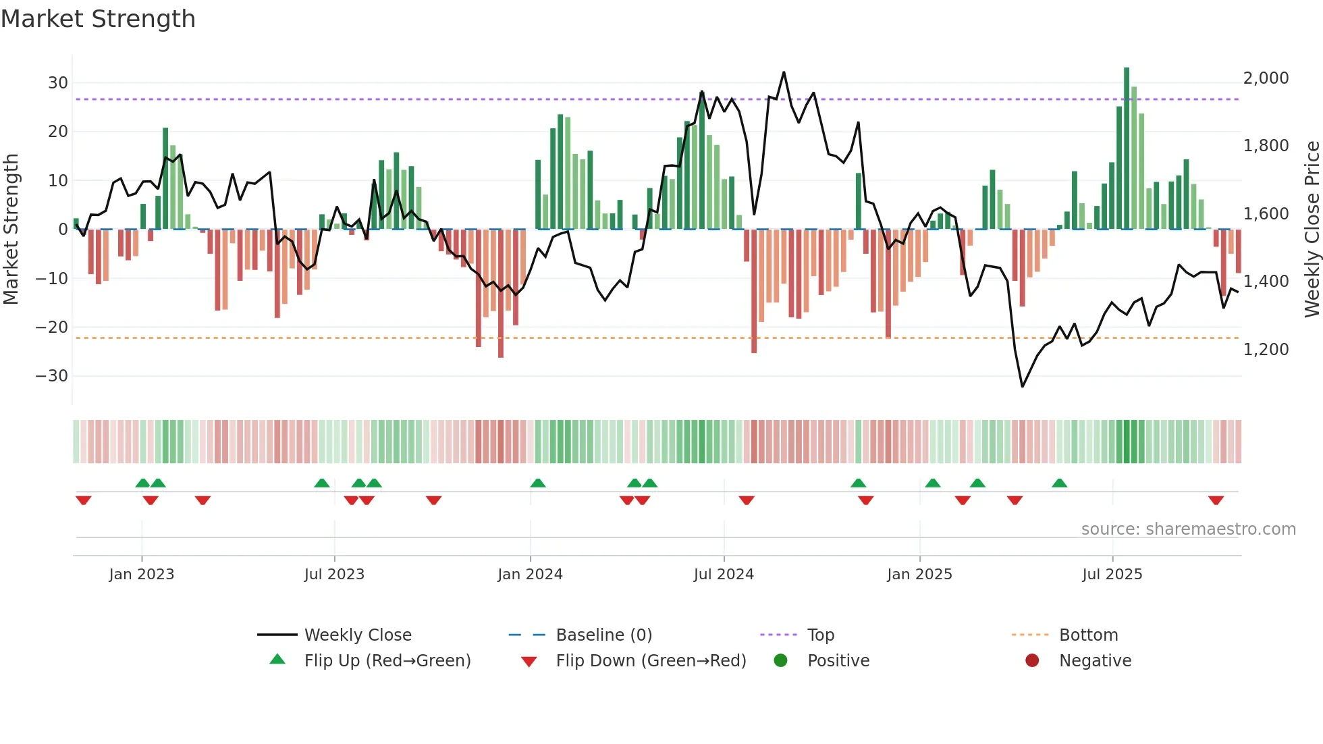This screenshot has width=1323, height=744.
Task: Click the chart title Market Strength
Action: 98,19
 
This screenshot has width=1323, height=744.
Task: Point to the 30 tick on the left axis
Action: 57,83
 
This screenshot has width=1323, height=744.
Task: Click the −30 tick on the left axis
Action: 52,376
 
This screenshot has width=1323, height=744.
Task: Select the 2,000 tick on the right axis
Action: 1266,78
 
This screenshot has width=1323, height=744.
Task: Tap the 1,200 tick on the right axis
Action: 1266,350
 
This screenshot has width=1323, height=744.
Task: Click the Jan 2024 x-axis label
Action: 530,575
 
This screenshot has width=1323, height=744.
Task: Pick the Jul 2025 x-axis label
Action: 1112,575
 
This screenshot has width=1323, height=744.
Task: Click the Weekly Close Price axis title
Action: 1312,229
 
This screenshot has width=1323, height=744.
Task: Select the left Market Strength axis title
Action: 11,229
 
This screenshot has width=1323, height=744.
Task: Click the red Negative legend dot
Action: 1032,661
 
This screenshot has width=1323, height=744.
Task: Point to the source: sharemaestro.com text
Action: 1188,529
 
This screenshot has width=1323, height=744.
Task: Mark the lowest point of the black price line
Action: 1023,386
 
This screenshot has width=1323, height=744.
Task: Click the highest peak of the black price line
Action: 784,72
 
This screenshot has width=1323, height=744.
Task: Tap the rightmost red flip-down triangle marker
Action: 1216,500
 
